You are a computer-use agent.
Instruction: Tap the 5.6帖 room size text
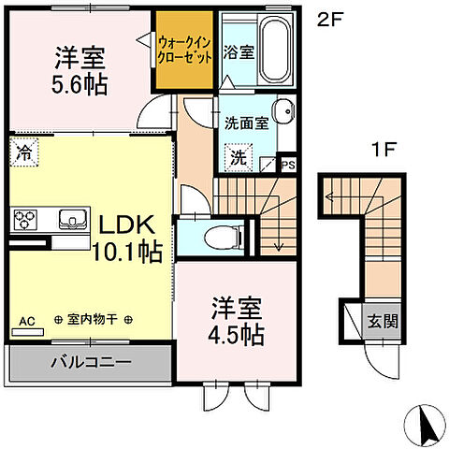[x=80, y=85]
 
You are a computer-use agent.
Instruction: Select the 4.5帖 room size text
[x=236, y=332]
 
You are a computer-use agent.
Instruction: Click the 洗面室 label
[x=246, y=121]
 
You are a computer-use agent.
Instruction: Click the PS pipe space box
[x=289, y=166]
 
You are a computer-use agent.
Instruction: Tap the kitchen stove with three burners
[x=24, y=221]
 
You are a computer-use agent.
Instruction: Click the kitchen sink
[x=71, y=220]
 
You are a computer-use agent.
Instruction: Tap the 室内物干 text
[x=93, y=320]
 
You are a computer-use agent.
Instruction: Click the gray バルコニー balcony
[x=90, y=361]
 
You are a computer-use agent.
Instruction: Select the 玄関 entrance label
[x=380, y=323]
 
